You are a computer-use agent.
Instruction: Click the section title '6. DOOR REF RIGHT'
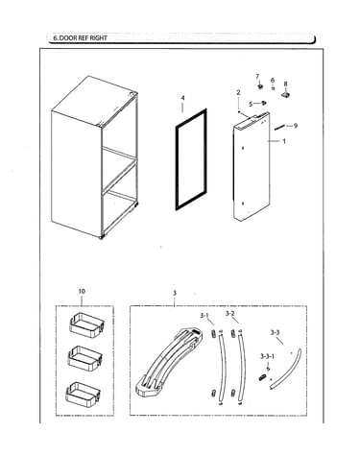[x=80, y=37]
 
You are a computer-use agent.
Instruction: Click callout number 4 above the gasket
[x=182, y=98]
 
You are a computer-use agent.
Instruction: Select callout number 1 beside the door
[x=284, y=141]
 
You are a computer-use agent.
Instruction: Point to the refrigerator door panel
[x=252, y=166]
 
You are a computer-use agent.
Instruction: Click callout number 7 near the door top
[x=257, y=76]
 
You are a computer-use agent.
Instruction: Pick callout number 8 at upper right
[x=285, y=84]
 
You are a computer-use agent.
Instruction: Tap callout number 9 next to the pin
[x=296, y=126]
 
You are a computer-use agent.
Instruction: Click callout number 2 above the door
[x=238, y=93]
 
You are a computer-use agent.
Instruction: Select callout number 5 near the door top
[x=251, y=104]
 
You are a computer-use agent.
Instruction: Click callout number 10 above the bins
[x=82, y=291]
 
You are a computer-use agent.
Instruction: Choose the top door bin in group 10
[x=85, y=325]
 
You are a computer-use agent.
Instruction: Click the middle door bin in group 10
[x=84, y=358]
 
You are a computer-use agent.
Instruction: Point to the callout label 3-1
[x=204, y=316]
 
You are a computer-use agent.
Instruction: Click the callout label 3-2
[x=229, y=313]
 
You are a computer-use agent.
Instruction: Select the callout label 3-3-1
[x=267, y=356]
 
